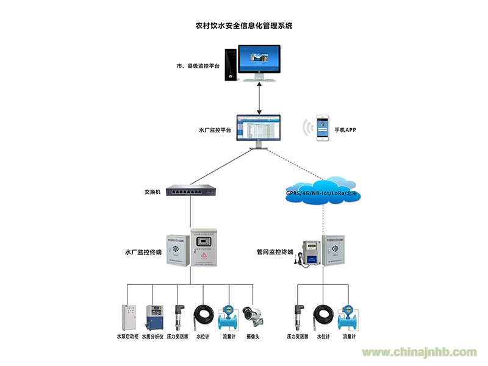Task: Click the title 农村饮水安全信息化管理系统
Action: click(243, 26)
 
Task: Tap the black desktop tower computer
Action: click(231, 65)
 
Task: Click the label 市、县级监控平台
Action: click(197, 65)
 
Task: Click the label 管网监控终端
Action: click(275, 251)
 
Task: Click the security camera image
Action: click(253, 315)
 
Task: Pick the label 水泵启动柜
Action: click(127, 336)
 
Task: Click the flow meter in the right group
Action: click(348, 317)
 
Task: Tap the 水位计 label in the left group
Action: click(202, 336)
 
